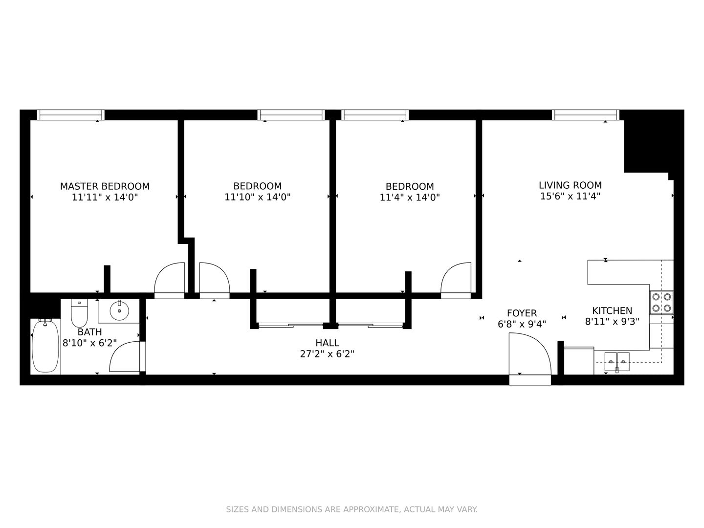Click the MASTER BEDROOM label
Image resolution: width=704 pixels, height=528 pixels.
[105, 186]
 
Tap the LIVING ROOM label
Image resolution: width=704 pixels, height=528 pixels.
[570, 185]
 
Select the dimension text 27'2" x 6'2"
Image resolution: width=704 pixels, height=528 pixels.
[327, 354]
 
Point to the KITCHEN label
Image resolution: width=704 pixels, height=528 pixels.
[612, 310]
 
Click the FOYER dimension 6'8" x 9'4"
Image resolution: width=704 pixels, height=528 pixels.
[522, 324]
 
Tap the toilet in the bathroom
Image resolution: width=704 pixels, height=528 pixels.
[79, 313]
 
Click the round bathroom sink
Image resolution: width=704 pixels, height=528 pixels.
[119, 310]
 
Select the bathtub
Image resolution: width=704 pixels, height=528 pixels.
[45, 346]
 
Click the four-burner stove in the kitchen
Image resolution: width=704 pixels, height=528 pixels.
[661, 302]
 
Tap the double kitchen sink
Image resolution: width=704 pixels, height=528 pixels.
[617, 362]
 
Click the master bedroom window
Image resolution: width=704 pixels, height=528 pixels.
[70, 115]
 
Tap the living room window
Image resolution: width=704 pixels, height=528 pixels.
[586, 115]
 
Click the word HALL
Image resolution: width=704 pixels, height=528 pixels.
[327, 343]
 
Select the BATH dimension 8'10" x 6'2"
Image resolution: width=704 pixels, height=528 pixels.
[89, 343]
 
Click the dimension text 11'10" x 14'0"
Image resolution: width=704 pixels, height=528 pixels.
[257, 197]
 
